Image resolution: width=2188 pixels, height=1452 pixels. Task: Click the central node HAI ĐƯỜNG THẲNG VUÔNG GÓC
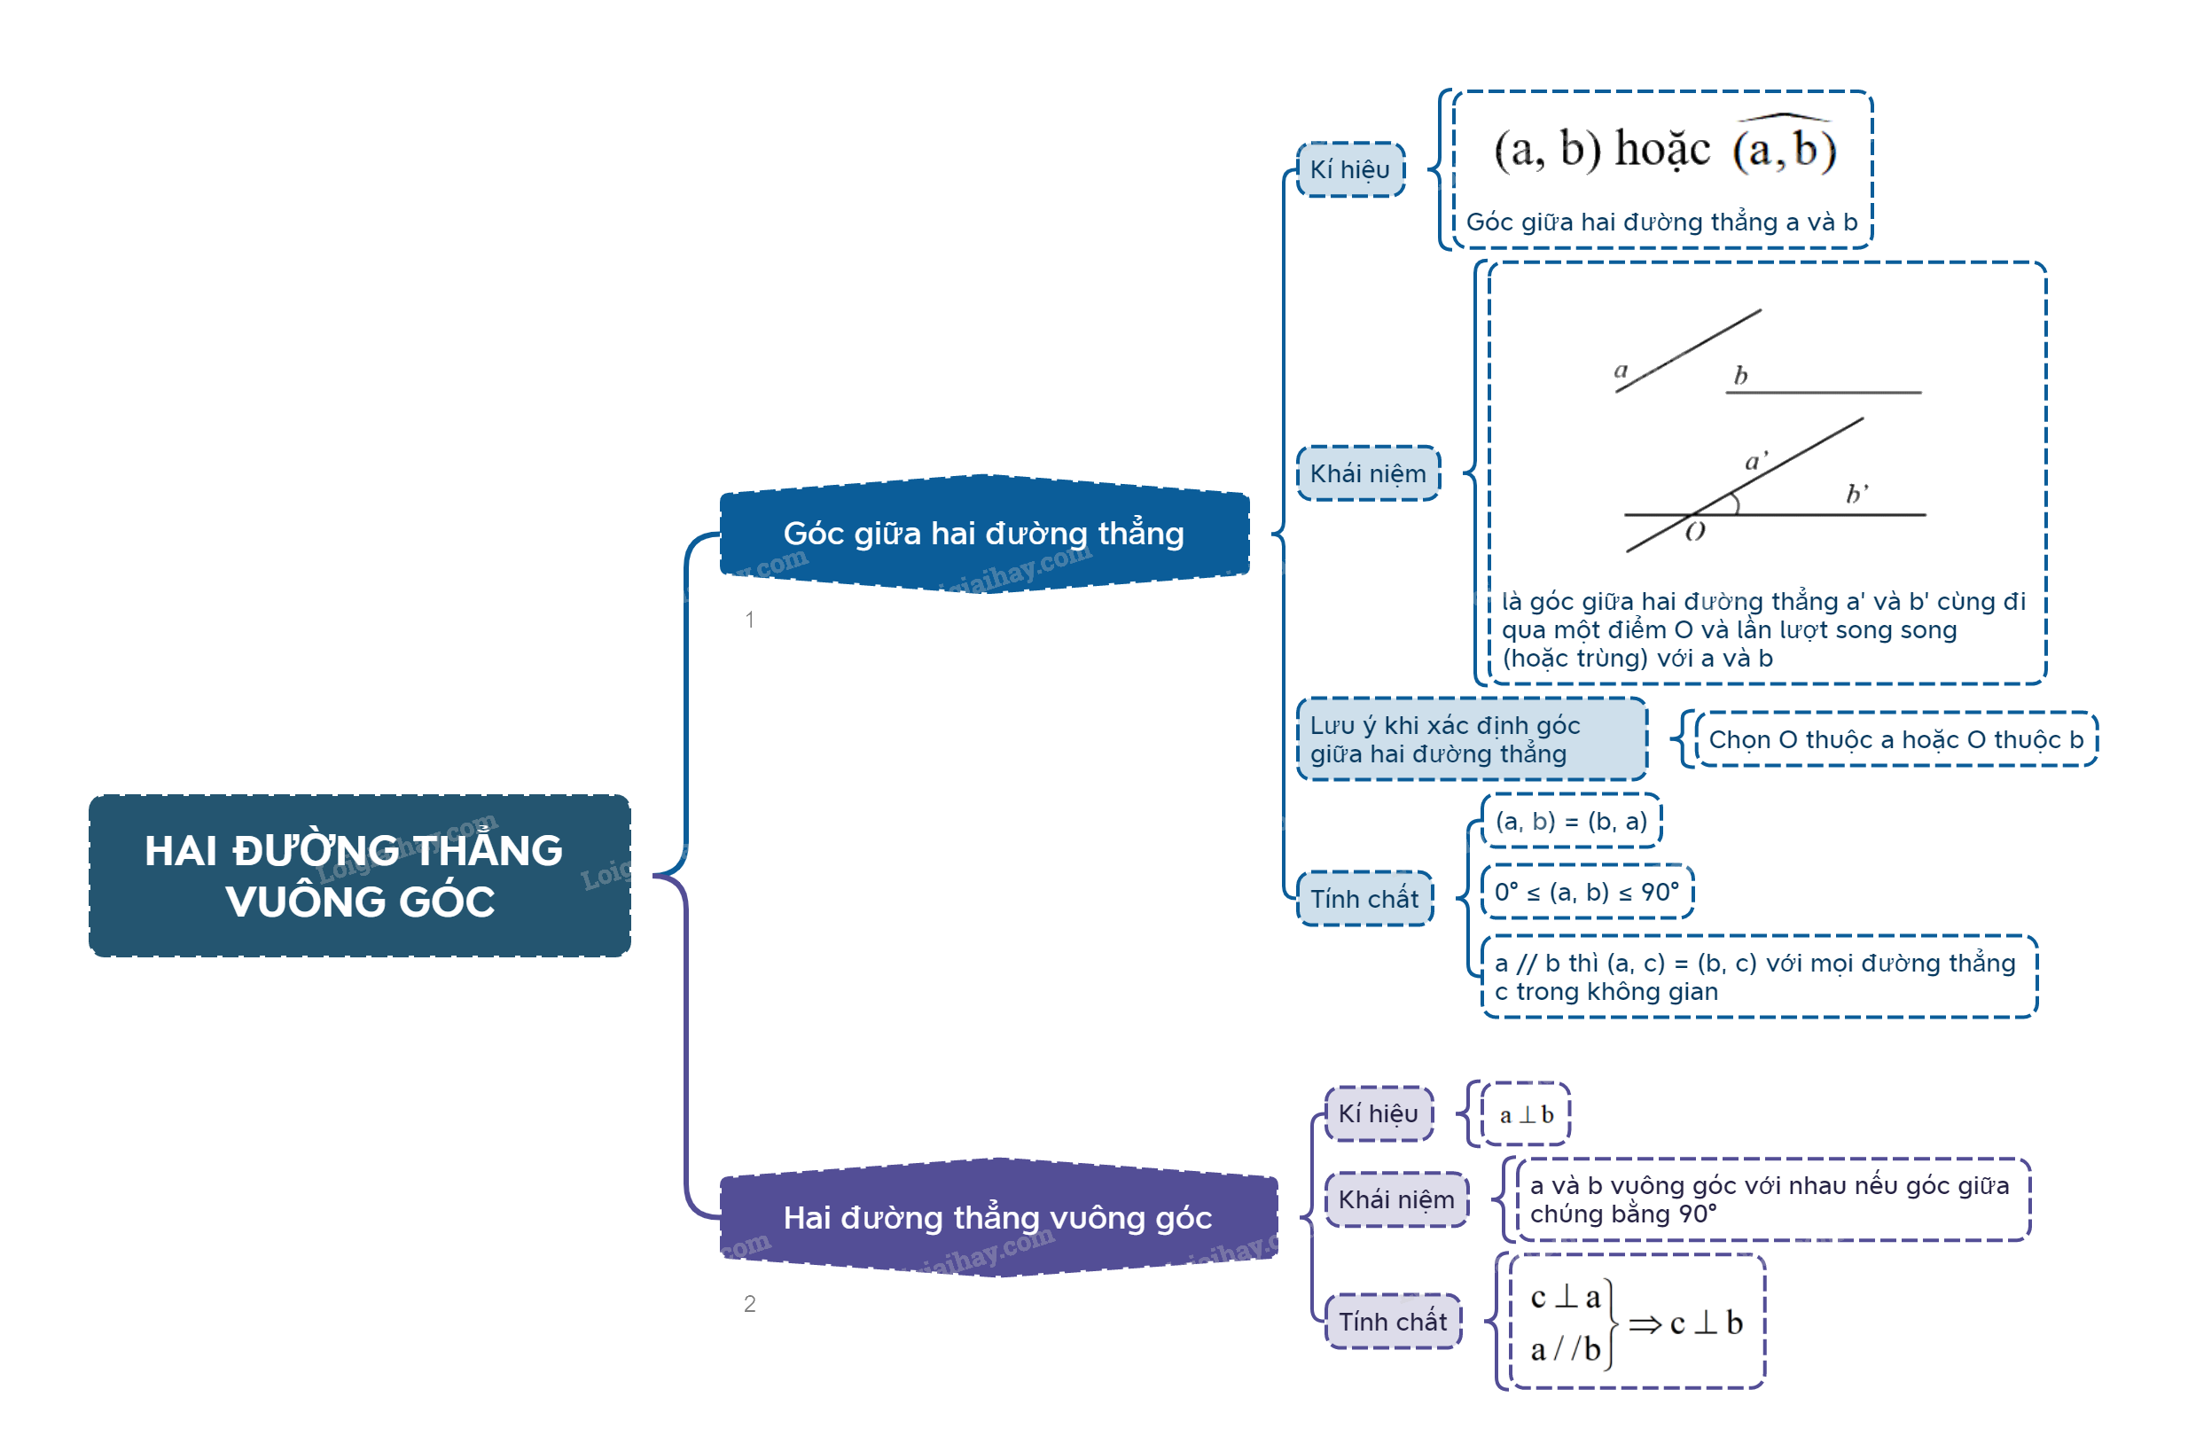click(359, 875)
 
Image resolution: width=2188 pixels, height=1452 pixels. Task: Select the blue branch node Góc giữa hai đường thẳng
click(983, 534)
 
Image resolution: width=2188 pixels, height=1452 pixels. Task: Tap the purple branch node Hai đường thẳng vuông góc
click(997, 1218)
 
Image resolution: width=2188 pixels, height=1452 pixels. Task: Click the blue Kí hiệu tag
click(1350, 169)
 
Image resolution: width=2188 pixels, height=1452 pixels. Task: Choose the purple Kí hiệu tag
click(1378, 1113)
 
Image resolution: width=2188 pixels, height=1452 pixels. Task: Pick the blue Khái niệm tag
click(1368, 473)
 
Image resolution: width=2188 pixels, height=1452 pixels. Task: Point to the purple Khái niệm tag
click(1396, 1199)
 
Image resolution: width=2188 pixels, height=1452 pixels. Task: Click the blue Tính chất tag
click(1364, 898)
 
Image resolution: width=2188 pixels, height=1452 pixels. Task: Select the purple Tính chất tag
click(1393, 1322)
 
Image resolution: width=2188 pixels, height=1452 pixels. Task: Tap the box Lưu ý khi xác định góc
click(1471, 739)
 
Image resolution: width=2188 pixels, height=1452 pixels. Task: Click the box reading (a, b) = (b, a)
click(1570, 821)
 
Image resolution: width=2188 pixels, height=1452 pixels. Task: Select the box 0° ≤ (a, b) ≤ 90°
click(1586, 892)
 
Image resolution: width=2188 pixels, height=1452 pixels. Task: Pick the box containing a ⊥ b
click(1526, 1114)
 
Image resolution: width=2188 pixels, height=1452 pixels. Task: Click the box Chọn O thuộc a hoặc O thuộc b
click(1895, 739)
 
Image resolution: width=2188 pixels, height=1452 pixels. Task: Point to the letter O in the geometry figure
click(1694, 532)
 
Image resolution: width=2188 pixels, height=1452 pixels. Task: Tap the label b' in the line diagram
click(1856, 494)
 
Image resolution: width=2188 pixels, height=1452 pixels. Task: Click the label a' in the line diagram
click(1754, 461)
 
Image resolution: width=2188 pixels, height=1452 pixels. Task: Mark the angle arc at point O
click(1735, 504)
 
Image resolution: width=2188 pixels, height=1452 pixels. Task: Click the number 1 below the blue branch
click(749, 620)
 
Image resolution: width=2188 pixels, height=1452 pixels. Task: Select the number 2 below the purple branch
click(749, 1304)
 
